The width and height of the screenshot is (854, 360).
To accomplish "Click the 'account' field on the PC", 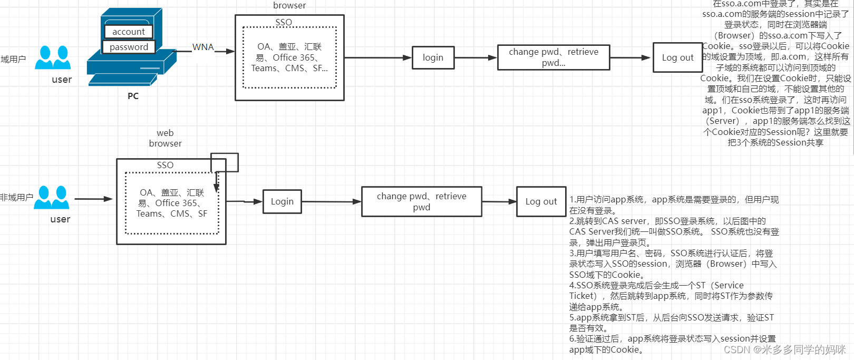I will tap(129, 32).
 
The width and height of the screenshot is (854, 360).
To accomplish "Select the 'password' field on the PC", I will tap(129, 47).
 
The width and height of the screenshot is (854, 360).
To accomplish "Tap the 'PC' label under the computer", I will tap(133, 96).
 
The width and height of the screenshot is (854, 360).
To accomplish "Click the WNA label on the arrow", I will tap(203, 47).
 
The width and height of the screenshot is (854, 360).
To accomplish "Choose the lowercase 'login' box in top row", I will tap(433, 57).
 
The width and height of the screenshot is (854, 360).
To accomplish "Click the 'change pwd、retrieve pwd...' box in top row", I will tap(554, 57).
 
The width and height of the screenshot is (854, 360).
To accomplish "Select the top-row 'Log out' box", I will tap(677, 57).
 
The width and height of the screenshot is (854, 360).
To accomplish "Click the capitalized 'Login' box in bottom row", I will tap(282, 201).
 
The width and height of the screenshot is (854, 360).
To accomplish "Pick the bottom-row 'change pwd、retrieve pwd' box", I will tap(421, 201).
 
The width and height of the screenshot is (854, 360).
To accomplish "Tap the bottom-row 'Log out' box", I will tap(541, 201).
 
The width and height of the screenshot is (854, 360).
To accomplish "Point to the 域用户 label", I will tap(13, 59).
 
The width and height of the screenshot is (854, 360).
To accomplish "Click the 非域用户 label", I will tap(16, 197).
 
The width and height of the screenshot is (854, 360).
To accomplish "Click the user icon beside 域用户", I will tap(53, 57).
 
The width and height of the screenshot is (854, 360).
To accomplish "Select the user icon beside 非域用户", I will tap(52, 197).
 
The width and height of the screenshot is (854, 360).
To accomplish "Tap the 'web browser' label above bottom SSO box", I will tap(165, 138).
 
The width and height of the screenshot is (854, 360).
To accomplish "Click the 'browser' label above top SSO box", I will tap(289, 5).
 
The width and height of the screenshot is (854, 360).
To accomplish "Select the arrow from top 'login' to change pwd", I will tap(475, 57).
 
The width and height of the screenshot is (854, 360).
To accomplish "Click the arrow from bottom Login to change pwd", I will tap(331, 201).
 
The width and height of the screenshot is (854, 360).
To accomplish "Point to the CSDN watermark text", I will tap(784, 349).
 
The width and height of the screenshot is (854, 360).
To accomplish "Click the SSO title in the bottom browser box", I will tap(165, 165).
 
